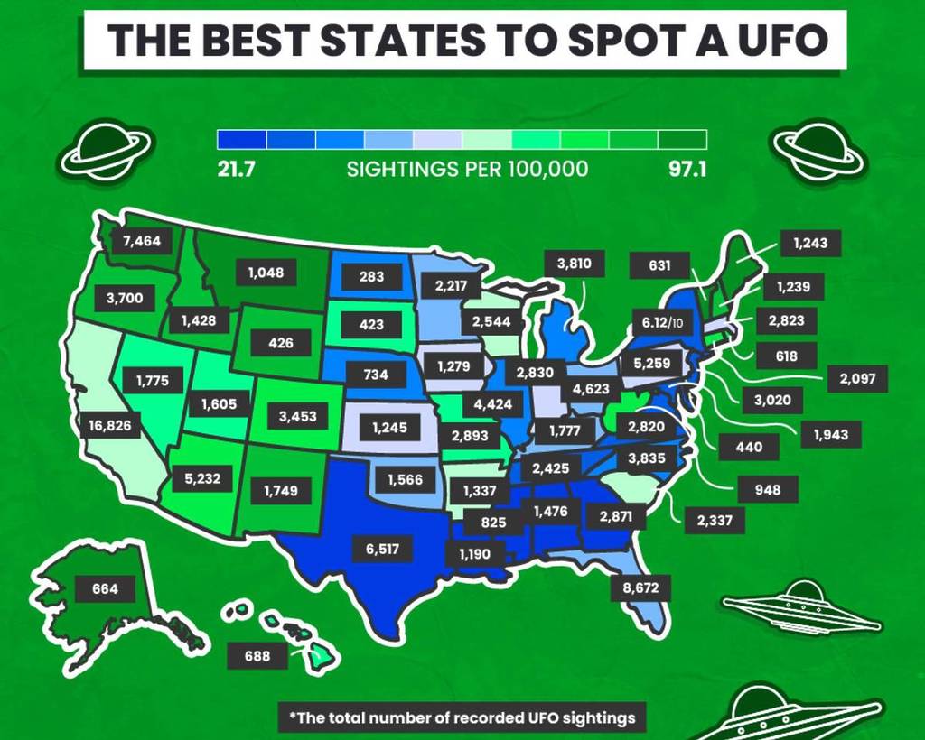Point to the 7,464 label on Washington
click(141, 241)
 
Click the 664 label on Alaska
click(105, 589)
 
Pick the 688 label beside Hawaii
click(257, 656)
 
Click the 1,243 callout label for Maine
click(810, 243)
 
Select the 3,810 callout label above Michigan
click(575, 264)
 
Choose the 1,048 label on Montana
click(266, 271)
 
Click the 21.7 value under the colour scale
click(236, 170)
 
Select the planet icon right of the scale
click(819, 148)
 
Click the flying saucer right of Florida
click(801, 609)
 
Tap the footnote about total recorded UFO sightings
click(462, 717)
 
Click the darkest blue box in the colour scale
click(242, 139)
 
